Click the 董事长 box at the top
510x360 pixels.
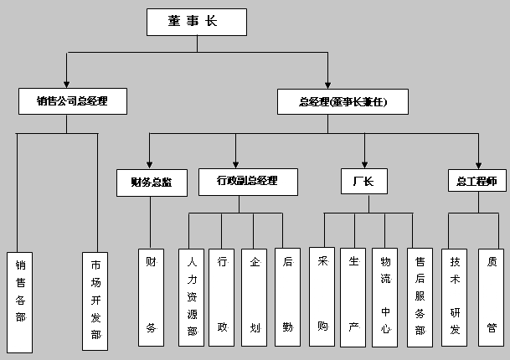[x=198, y=22]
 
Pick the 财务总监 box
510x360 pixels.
[x=150, y=182]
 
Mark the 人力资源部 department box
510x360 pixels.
[x=192, y=296]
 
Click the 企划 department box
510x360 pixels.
[x=254, y=296]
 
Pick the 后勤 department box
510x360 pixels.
[x=287, y=296]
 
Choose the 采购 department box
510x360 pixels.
[x=322, y=296]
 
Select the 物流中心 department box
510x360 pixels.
[x=385, y=296]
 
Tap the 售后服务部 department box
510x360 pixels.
[x=419, y=296]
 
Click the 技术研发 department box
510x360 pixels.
[x=455, y=296]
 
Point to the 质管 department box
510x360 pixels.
[x=492, y=296]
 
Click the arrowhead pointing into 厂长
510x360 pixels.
[x=364, y=164]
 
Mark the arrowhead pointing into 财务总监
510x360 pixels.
[x=150, y=164]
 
